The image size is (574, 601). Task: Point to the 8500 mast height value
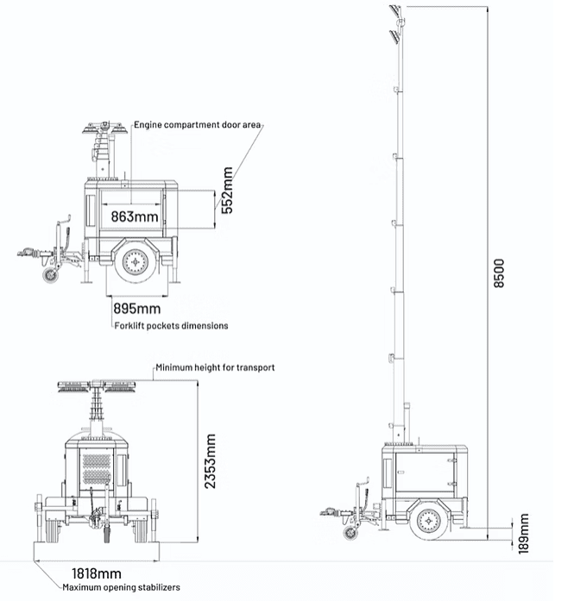pos(498,275)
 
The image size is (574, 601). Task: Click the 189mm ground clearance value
pos(523,535)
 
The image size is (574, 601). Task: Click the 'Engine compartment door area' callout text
pos(197,125)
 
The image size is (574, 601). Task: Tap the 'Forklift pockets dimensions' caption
pos(172,326)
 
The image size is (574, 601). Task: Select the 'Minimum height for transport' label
pos(215,367)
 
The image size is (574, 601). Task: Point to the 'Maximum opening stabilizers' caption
pos(121,588)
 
